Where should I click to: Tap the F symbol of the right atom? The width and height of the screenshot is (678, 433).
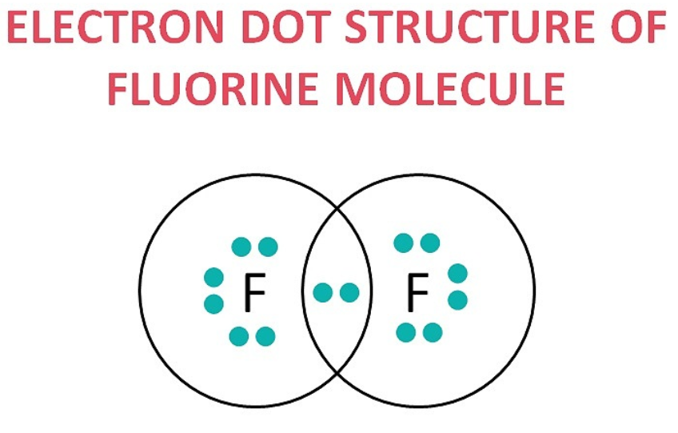click(417, 294)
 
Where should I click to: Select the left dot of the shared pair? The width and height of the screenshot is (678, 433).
click(322, 293)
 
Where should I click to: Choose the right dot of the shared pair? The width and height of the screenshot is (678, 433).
click(349, 293)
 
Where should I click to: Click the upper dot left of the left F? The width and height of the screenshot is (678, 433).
click(213, 277)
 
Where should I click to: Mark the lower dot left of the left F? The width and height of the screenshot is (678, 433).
click(213, 304)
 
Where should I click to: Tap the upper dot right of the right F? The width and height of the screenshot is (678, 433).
click(457, 274)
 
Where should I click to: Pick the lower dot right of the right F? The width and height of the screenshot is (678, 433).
click(457, 300)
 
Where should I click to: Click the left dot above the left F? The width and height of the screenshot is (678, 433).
click(241, 247)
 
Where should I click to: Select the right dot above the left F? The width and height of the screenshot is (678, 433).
click(268, 247)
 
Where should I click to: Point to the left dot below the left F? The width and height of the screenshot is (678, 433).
click(238, 336)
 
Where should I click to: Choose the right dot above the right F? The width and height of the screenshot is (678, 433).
click(430, 243)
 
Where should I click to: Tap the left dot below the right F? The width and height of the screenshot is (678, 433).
click(405, 332)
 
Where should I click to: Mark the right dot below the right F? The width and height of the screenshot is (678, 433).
click(433, 332)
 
